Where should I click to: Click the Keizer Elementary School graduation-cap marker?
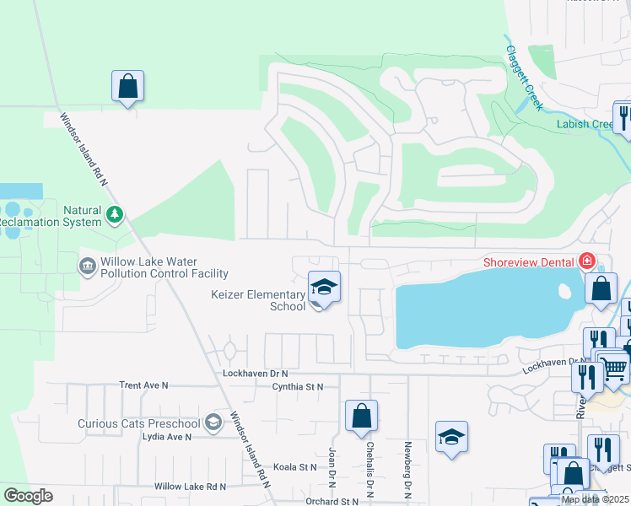[x=324, y=288]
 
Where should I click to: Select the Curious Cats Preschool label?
[x=139, y=423]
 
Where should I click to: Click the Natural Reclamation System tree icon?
[x=115, y=216]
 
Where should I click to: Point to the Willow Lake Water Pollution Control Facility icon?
[x=88, y=267]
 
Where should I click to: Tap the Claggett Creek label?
[x=522, y=77]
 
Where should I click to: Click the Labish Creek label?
[x=585, y=124]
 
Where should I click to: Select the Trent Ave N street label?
[x=144, y=385]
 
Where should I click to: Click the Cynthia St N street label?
[x=298, y=386]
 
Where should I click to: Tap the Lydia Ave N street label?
[x=167, y=437]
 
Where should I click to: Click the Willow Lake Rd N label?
[x=191, y=487]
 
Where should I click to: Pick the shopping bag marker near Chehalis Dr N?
[x=361, y=415]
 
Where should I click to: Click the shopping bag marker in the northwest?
[x=127, y=85]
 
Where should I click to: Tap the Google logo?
[x=28, y=496]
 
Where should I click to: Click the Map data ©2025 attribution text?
[x=596, y=500]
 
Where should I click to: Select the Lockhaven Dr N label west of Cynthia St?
[x=256, y=373]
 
